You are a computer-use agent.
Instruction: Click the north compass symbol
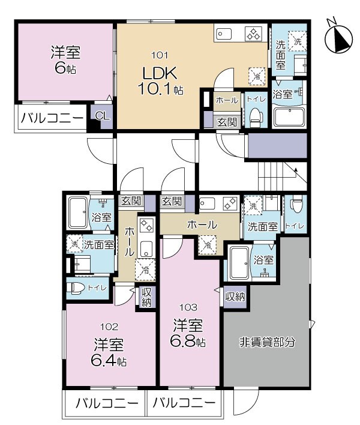click(x=338, y=37)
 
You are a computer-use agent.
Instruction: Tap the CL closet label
click(x=102, y=116)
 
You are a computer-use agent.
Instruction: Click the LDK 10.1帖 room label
click(x=160, y=80)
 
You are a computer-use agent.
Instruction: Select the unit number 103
click(x=189, y=307)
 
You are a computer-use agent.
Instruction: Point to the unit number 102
click(x=109, y=327)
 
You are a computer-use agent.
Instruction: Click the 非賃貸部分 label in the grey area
click(x=267, y=342)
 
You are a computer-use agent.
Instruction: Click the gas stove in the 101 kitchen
click(x=254, y=34)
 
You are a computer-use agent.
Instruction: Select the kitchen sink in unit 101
click(x=224, y=34)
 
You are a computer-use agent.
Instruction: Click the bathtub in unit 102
click(x=78, y=212)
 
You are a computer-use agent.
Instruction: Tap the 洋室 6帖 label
click(x=66, y=60)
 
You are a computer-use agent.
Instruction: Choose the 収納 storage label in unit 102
click(x=147, y=297)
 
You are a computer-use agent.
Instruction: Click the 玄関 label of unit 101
click(x=227, y=122)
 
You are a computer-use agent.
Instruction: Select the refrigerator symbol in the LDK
click(x=257, y=76)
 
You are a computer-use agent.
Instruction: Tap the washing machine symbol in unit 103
click(x=253, y=205)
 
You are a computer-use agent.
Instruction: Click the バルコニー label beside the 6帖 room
click(x=52, y=118)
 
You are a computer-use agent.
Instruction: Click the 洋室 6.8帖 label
click(x=188, y=333)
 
